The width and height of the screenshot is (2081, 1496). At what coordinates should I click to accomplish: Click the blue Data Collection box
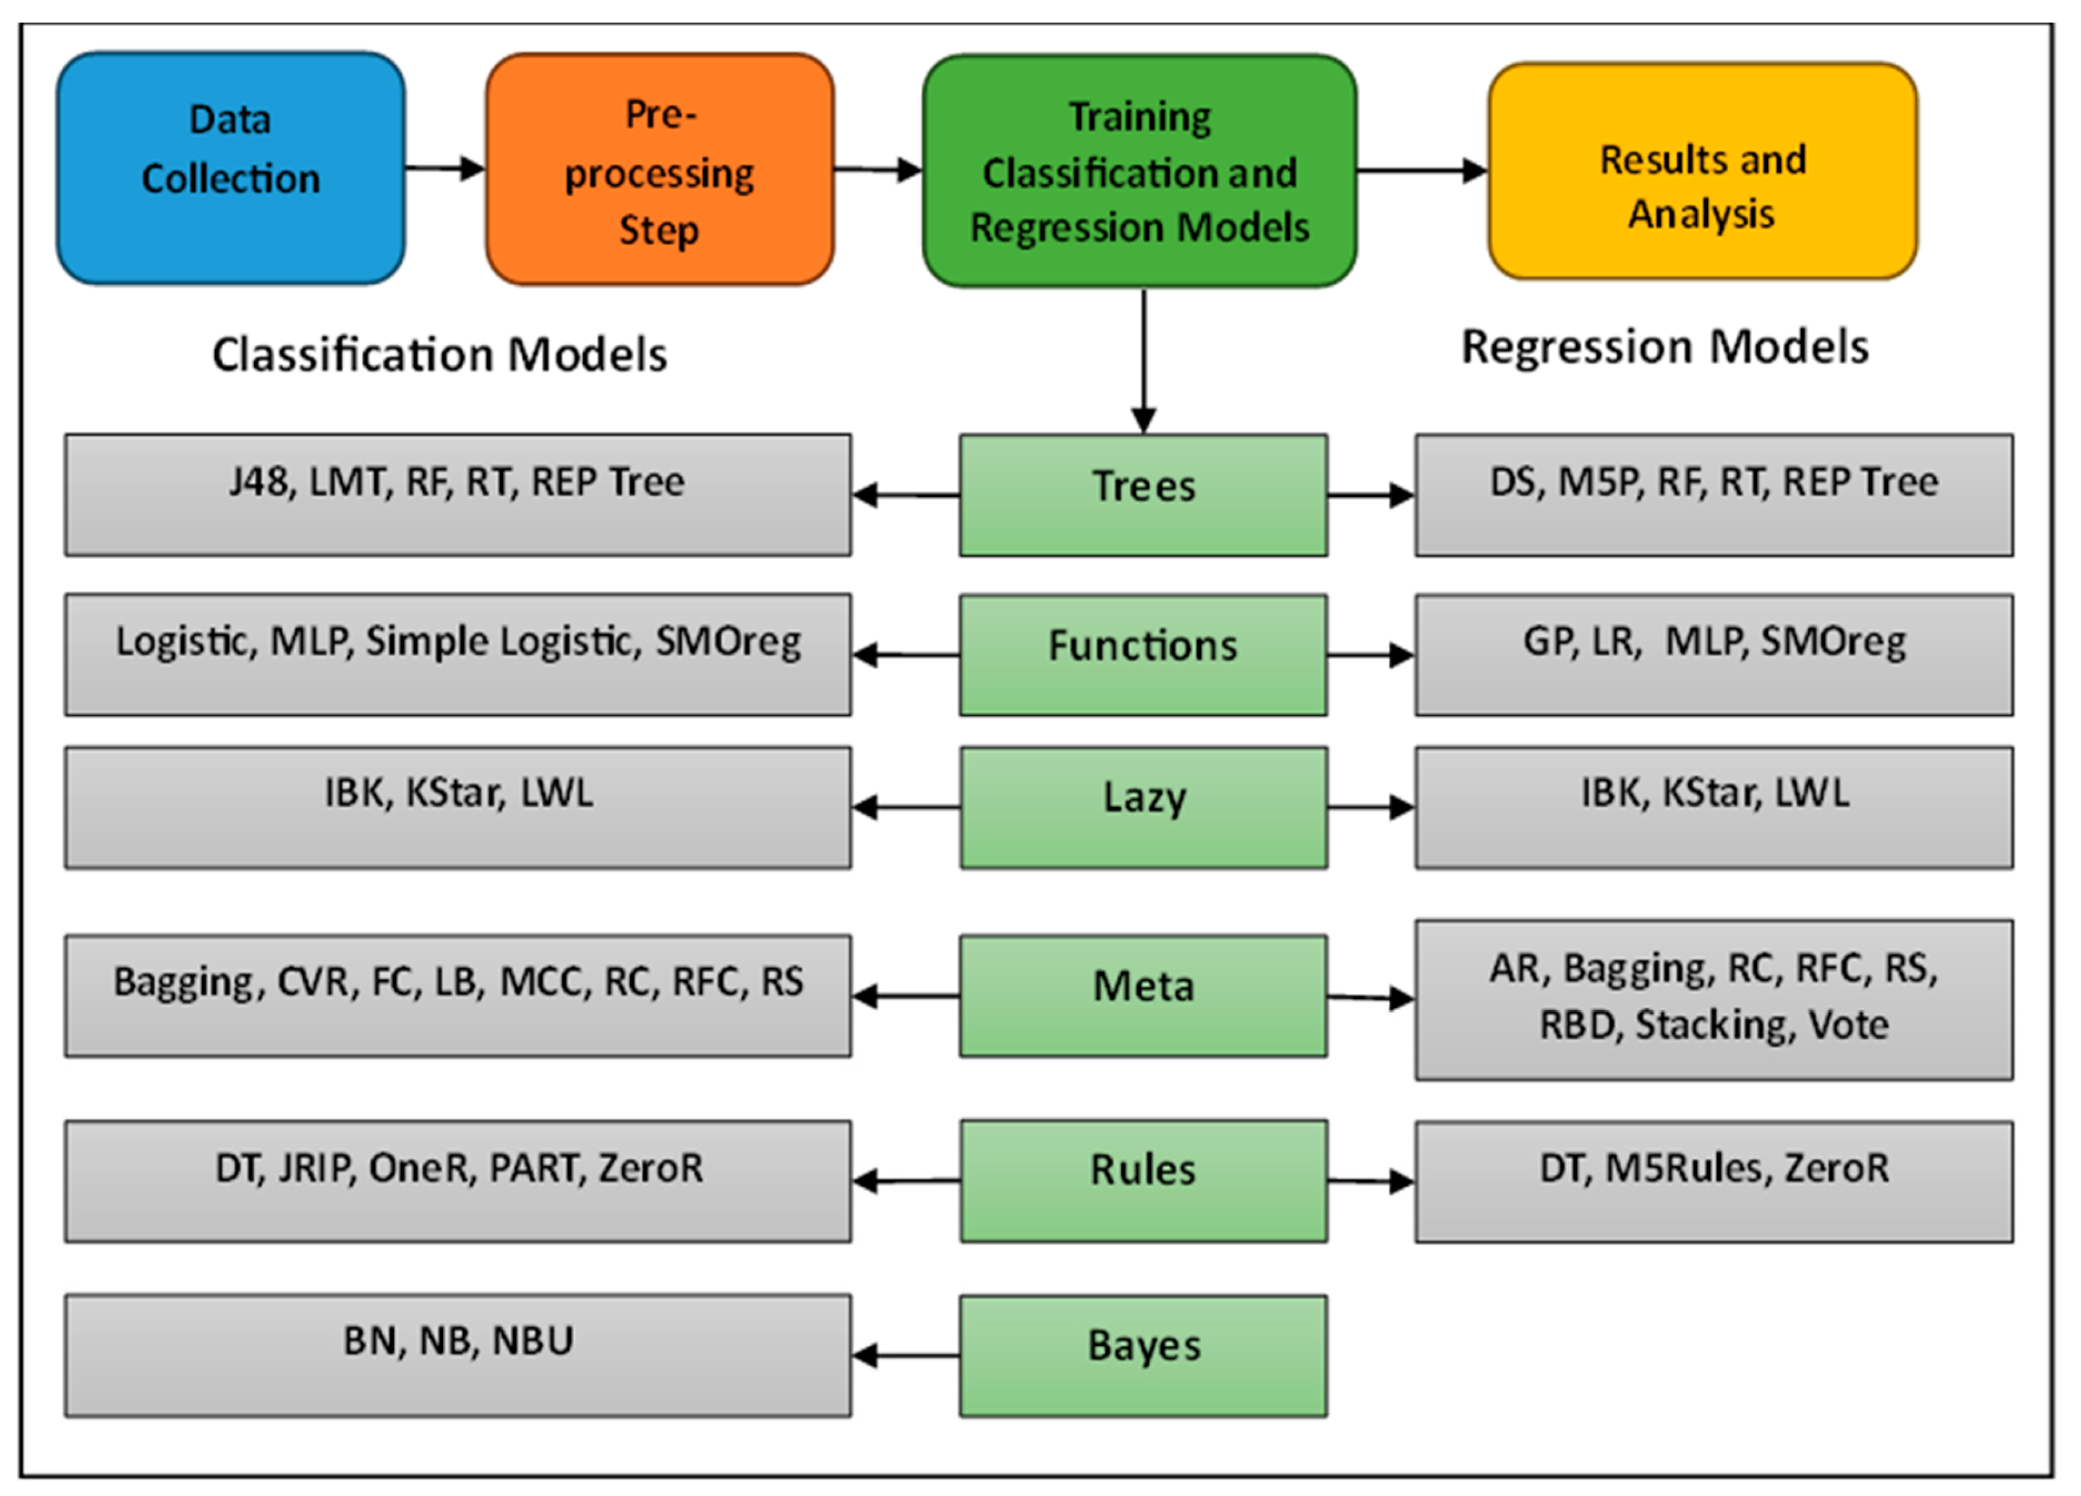click(230, 168)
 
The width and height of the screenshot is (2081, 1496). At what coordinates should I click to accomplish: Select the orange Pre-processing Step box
click(659, 169)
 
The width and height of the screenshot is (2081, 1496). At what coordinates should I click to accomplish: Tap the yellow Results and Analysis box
click(1702, 171)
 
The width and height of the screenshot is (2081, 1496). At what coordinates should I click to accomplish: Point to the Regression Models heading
click(1665, 347)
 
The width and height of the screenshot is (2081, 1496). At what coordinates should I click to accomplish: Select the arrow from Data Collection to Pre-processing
click(445, 168)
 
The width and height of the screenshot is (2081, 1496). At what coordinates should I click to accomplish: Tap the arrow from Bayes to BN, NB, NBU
click(906, 1355)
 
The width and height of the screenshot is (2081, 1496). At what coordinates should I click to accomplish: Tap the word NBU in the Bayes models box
click(533, 1341)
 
